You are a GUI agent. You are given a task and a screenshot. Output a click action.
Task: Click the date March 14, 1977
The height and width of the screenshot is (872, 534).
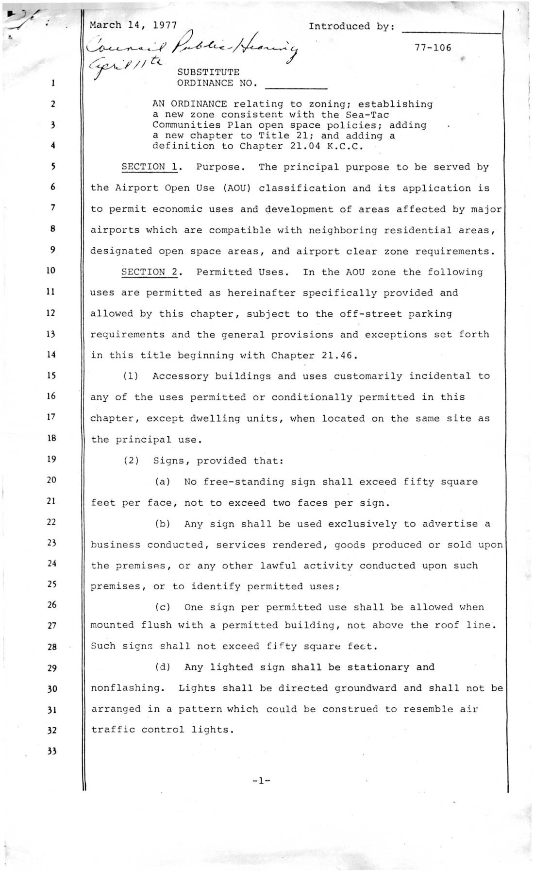coord(133,26)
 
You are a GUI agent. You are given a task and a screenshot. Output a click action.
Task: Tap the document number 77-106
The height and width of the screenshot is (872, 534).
coord(433,47)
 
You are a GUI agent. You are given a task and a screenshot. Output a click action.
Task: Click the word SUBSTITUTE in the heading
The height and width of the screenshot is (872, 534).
coord(208,72)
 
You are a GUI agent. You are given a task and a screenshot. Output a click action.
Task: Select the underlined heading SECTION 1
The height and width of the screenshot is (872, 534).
coord(150,167)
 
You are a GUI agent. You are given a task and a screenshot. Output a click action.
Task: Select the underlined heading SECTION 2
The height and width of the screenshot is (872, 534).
coord(150,272)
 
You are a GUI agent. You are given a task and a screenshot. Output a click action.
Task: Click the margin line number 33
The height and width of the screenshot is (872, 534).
coord(52,751)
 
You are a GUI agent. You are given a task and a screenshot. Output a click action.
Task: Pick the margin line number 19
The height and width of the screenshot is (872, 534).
coord(52,459)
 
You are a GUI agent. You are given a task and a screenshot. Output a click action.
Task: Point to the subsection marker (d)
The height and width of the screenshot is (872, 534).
coord(163,667)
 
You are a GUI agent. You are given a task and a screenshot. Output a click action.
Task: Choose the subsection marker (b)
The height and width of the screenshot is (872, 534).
coord(163,524)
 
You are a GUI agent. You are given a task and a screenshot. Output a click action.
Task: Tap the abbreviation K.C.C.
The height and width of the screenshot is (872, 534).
coord(344,146)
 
